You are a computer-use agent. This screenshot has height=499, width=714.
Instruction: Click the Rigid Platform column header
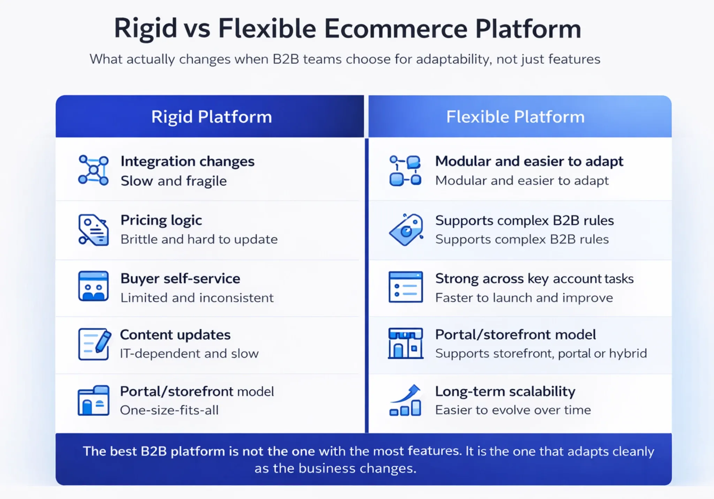(211, 117)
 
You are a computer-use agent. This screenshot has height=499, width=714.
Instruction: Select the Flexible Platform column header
(515, 117)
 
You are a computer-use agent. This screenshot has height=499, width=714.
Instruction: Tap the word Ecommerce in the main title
(396, 29)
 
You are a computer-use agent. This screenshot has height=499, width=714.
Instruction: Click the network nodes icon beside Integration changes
(93, 170)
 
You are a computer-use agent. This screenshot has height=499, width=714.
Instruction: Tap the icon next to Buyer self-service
(93, 286)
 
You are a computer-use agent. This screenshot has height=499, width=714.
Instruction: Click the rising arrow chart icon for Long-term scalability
(405, 400)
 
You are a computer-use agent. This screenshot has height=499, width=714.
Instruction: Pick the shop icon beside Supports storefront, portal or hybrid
(405, 343)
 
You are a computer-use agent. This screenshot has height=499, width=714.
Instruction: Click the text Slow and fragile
(174, 181)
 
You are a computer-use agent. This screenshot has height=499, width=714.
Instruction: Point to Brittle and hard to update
(199, 240)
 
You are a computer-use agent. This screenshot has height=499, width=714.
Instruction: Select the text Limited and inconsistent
(197, 298)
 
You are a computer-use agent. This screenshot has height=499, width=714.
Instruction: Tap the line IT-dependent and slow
(189, 354)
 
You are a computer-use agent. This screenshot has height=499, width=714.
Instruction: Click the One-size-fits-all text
(169, 410)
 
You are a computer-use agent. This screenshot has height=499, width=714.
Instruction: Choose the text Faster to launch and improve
(524, 298)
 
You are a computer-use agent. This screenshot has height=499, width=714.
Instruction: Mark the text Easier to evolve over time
(513, 410)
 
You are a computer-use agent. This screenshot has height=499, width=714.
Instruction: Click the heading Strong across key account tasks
(534, 279)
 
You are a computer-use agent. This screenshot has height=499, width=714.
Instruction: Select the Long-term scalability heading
(505, 392)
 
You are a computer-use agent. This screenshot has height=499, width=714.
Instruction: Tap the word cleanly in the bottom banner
(633, 452)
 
